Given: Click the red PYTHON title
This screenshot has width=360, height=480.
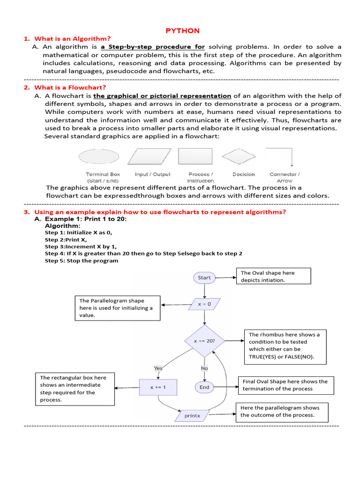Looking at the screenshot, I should click(183, 30).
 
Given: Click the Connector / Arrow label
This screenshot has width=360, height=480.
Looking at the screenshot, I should click(285, 177).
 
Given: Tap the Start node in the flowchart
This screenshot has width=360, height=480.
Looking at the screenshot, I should click(204, 277).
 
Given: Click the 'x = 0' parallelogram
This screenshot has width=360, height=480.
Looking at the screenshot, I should click(204, 304).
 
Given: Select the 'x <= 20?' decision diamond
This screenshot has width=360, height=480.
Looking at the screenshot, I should click(205, 341).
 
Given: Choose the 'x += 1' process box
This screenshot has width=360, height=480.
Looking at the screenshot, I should click(158, 387).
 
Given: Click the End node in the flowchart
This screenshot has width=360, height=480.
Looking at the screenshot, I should click(204, 387).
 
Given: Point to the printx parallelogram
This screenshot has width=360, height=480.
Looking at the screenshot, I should click(192, 415).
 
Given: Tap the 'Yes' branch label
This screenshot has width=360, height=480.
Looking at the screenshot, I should click(158, 368).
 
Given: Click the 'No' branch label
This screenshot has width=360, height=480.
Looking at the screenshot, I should click(204, 368).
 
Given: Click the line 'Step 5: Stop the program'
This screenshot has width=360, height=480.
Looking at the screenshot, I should click(82, 261).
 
